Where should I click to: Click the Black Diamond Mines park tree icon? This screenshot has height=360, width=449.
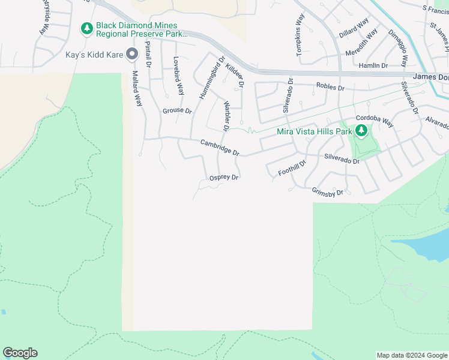87,28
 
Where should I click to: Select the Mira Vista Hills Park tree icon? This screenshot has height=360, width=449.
361,131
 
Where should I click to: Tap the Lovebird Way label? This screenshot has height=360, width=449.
178,76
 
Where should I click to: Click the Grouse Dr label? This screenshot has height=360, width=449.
177,111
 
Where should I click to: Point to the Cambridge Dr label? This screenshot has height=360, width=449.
220,148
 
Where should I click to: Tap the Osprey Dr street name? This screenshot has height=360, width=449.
224,178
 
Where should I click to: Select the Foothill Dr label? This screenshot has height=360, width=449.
292,168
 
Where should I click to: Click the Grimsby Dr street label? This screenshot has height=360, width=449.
327,192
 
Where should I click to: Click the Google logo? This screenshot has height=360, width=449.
20,353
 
